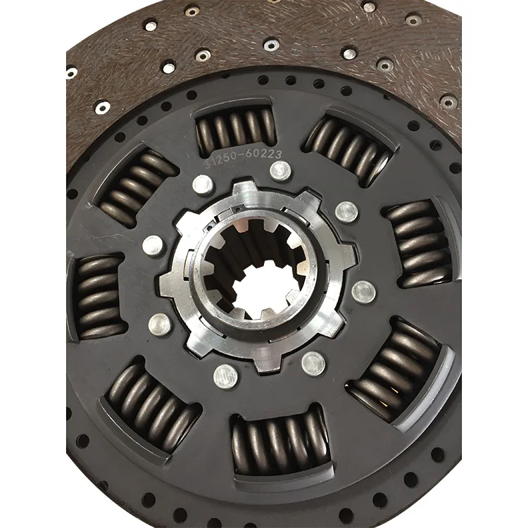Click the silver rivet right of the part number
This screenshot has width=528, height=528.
(x=280, y=170)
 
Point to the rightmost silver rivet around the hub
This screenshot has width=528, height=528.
(x=363, y=289)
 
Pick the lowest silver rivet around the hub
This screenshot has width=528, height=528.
(x=225, y=375)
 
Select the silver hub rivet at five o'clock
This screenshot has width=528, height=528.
(x=313, y=362)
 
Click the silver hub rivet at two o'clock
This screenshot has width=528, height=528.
(x=346, y=210)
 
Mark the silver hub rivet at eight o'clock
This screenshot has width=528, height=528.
(x=161, y=324)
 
